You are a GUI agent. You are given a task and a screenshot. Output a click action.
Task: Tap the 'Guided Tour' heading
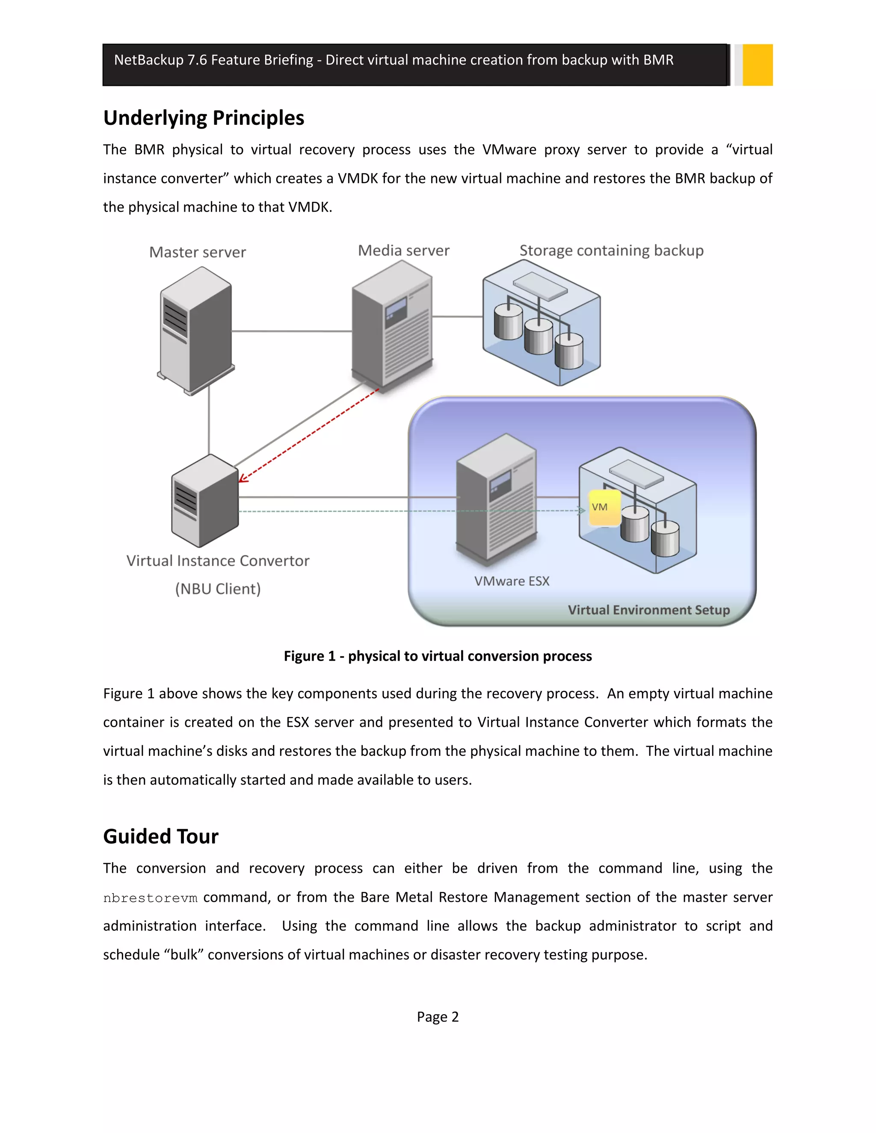coord(160,837)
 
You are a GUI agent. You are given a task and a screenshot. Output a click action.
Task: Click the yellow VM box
coord(604,508)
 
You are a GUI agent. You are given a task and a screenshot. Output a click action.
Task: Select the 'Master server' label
coord(197,253)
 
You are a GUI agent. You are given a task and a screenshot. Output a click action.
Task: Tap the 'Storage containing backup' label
coord(611,251)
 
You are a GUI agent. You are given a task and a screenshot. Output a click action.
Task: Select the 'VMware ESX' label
coord(512,581)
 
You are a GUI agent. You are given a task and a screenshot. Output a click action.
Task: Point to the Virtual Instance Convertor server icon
coord(205,501)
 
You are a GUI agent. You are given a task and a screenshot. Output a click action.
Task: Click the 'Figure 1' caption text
coord(438,656)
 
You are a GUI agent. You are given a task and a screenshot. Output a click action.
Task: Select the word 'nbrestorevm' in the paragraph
coord(150,898)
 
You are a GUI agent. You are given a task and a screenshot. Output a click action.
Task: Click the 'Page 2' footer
coord(438,1017)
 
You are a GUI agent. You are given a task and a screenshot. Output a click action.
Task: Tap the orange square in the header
coord(757,65)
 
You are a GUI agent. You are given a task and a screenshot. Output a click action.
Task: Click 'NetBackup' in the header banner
coord(148,60)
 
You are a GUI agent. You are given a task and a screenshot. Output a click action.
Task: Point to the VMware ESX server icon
coord(496,501)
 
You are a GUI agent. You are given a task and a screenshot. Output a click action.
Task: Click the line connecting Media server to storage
coord(457,316)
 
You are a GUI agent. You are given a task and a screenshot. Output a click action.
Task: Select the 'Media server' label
coord(403,251)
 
